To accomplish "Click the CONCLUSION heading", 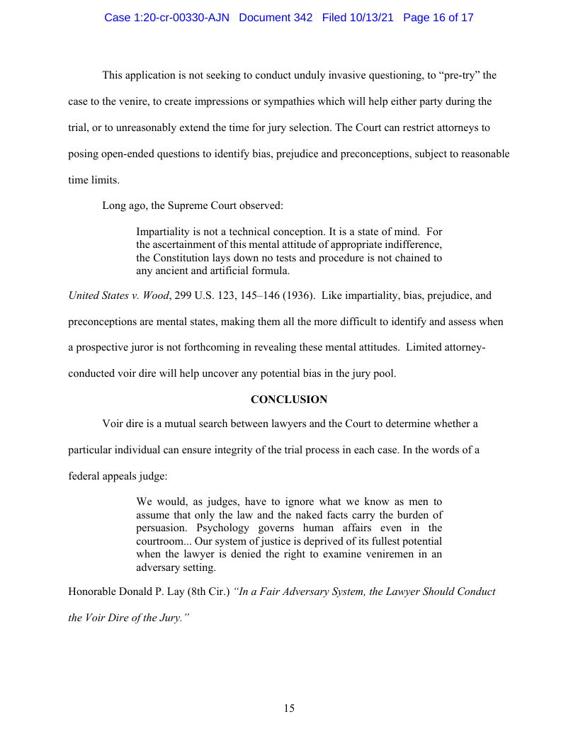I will pyautogui.click(x=289, y=399).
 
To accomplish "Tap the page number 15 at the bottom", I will pyautogui.click(x=289, y=708).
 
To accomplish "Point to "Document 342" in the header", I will pyautogui.click(x=276, y=18).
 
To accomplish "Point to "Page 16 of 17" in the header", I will pyautogui.click(x=438, y=18).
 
